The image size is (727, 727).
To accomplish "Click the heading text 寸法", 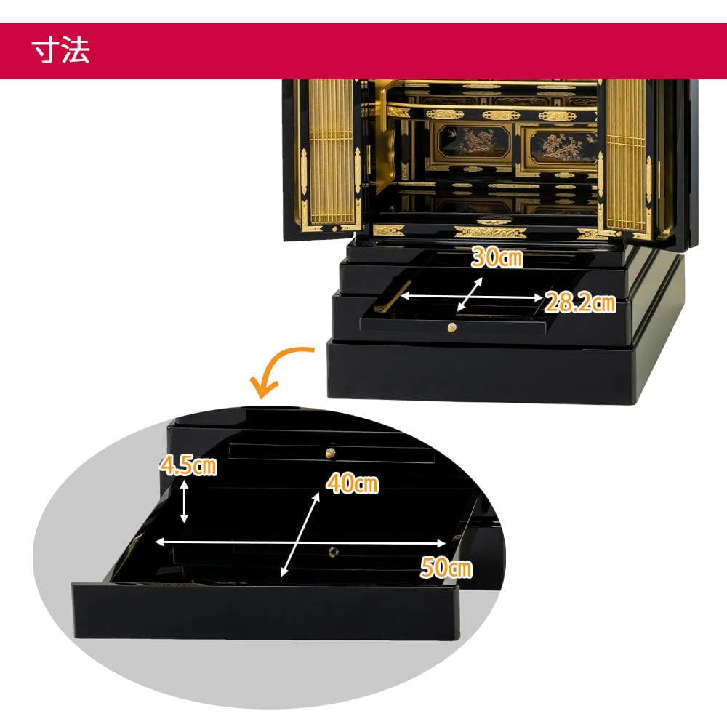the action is pyautogui.click(x=61, y=50).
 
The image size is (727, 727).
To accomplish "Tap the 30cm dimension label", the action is pyautogui.click(x=497, y=257).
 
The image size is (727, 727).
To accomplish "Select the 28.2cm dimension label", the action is pyautogui.click(x=580, y=302).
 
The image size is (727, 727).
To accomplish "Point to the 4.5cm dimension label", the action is pyautogui.click(x=188, y=465).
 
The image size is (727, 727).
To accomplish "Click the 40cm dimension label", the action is pyautogui.click(x=353, y=483).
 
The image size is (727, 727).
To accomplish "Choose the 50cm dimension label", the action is pyautogui.click(x=446, y=567).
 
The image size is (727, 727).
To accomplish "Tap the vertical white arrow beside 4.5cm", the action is pyautogui.click(x=184, y=502).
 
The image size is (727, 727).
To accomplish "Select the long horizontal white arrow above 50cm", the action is pyautogui.click(x=300, y=542).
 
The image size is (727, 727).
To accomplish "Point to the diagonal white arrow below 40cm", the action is pyautogui.click(x=300, y=534).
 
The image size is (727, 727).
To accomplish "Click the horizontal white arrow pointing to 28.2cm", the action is pyautogui.click(x=471, y=297).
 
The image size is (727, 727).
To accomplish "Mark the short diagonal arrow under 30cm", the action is pyautogui.click(x=470, y=294).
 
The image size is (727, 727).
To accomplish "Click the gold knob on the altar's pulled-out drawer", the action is pyautogui.click(x=452, y=328).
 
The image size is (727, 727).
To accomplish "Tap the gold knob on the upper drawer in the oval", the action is pyautogui.click(x=331, y=453).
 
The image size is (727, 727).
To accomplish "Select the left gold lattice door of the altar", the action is pyautogui.click(x=330, y=156).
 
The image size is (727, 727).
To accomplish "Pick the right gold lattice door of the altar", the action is pyautogui.click(x=627, y=157).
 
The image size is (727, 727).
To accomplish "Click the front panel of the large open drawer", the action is pyautogui.click(x=265, y=611).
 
